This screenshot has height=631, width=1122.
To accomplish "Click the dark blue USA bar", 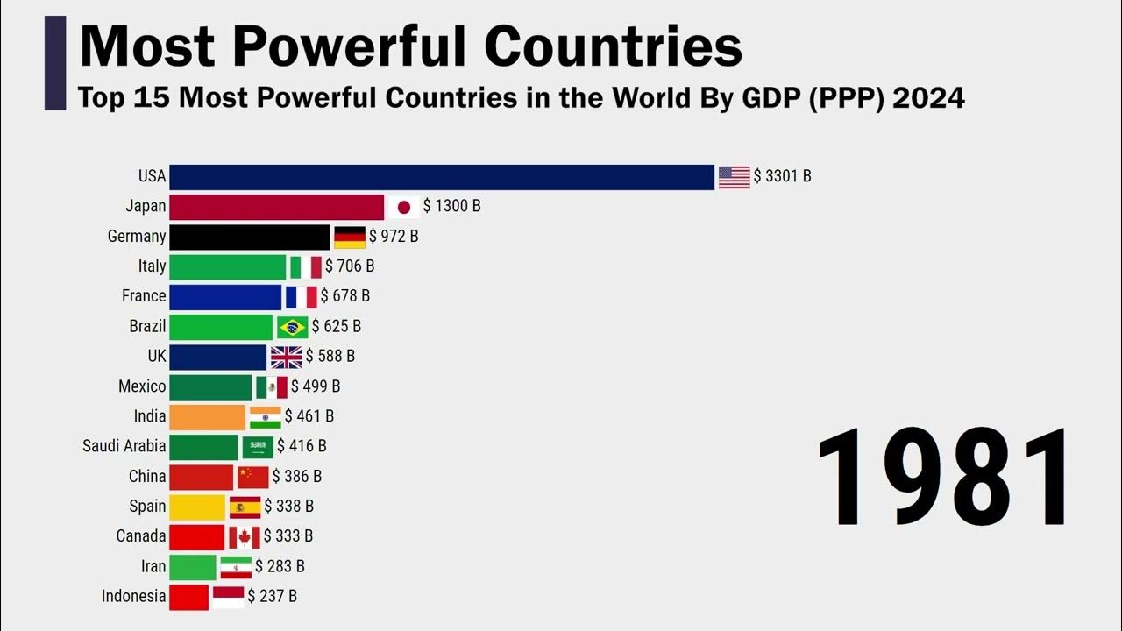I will (x=442, y=177).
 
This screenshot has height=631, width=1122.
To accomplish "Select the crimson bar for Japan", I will (x=277, y=207).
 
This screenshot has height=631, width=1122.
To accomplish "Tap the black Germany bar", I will (x=250, y=237).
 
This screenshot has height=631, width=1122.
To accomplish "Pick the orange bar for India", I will (x=208, y=416).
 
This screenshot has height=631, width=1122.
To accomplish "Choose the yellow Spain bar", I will (x=197, y=507).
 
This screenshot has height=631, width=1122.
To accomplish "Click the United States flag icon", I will (x=735, y=177).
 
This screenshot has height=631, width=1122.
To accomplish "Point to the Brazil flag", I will (x=293, y=327).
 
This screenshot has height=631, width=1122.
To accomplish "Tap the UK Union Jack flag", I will (x=287, y=357).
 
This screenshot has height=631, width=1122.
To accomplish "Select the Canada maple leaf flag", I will (x=245, y=536).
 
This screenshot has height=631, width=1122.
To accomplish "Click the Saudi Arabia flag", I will (x=258, y=447).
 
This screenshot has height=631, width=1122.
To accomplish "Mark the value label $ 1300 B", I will (x=451, y=207).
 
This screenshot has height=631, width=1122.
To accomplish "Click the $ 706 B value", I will (x=350, y=266).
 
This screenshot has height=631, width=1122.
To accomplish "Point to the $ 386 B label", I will (x=297, y=477).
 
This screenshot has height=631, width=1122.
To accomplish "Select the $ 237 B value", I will (x=272, y=597).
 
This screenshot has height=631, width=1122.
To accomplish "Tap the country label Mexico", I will (x=142, y=386).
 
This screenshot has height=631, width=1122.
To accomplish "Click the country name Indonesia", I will (x=133, y=597).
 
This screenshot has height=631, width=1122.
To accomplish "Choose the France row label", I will (x=144, y=296).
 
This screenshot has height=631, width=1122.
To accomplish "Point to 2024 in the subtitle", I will (x=928, y=97).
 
